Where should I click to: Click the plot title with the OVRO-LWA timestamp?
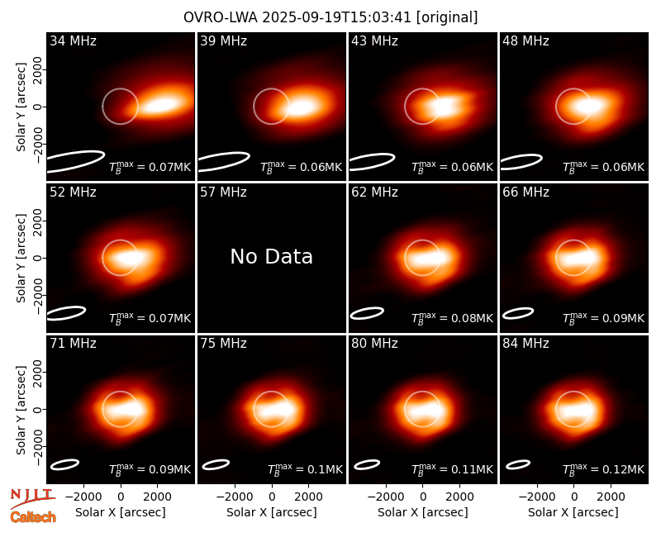click(330, 17)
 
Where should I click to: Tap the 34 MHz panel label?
click(73, 40)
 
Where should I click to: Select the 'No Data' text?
click(272, 256)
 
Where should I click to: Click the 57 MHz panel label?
click(223, 192)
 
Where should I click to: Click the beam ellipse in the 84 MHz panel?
click(518, 464)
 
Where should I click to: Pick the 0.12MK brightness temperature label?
click(604, 469)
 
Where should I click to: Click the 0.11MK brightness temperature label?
click(452, 469)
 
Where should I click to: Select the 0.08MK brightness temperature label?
click(452, 318)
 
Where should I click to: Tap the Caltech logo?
click(33, 517)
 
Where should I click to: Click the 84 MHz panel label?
click(525, 344)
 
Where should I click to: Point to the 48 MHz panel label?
click(525, 40)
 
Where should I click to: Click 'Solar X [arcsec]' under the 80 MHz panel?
click(422, 512)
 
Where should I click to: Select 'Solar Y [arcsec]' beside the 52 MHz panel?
click(21, 258)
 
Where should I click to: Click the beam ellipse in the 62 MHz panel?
click(367, 313)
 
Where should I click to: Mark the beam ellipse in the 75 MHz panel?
click(216, 464)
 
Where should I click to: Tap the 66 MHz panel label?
click(525, 192)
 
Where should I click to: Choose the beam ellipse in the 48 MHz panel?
click(521, 162)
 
